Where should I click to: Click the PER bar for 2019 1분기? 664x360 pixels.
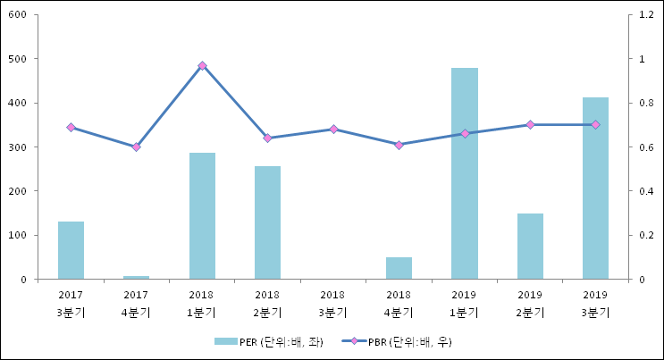point(464,173)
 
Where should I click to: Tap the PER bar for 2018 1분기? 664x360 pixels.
point(202,215)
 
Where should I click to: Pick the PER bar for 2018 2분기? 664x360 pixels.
point(267,222)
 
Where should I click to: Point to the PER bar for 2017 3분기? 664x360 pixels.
point(71,250)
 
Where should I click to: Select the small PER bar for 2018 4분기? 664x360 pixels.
point(399,268)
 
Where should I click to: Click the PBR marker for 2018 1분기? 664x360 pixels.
point(202,65)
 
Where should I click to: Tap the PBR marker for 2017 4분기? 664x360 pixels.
point(136,147)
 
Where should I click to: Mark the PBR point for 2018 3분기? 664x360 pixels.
point(333,129)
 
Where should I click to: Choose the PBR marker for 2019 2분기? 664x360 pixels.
point(530,124)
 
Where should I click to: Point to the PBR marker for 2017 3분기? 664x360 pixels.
point(71,127)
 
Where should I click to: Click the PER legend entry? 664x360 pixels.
point(268,342)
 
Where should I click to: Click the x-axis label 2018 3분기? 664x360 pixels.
point(333,303)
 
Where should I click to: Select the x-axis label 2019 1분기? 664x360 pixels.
point(464,303)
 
